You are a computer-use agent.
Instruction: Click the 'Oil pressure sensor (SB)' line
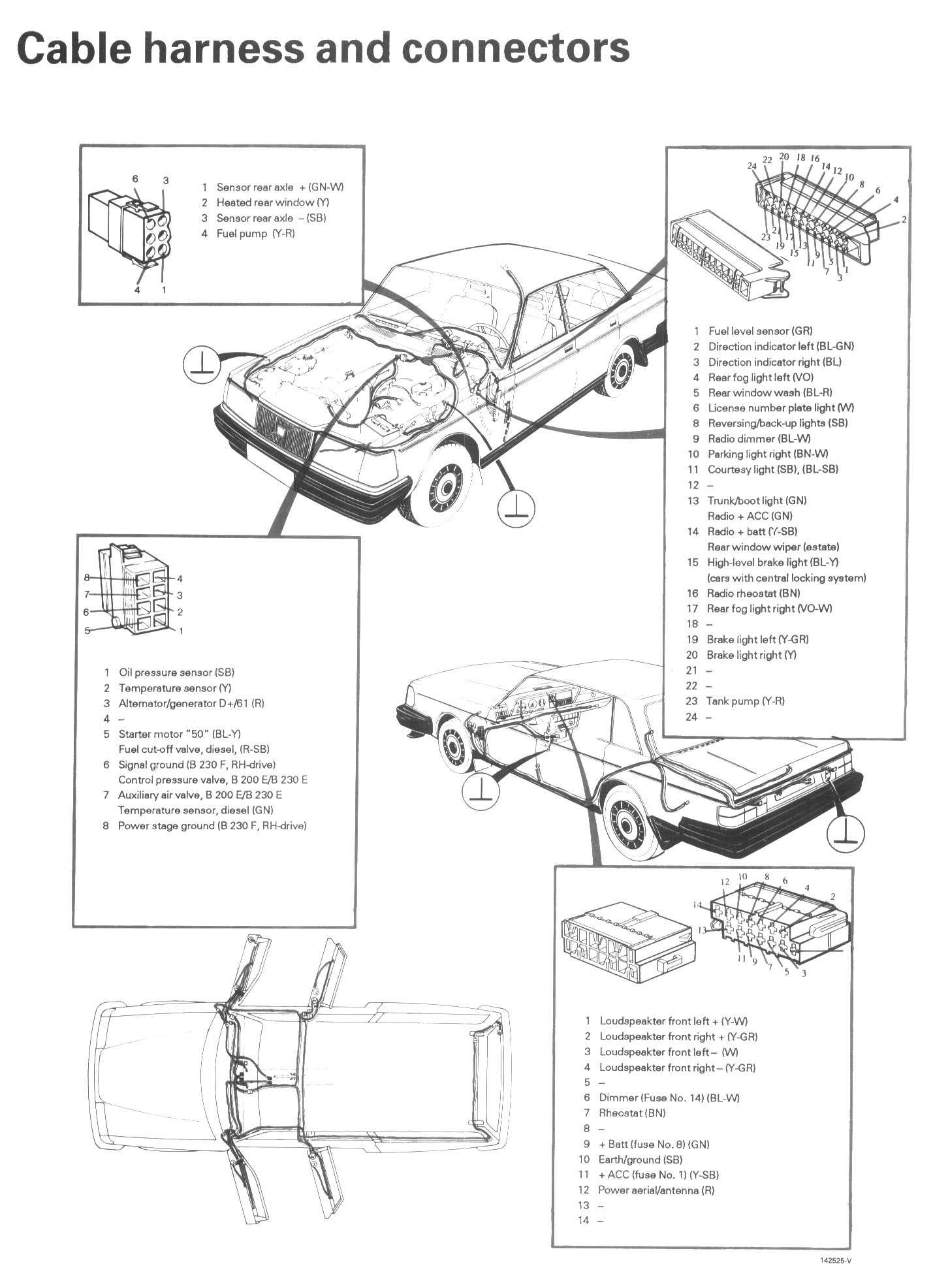(176, 673)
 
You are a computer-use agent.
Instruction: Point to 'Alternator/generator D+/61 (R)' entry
(191, 703)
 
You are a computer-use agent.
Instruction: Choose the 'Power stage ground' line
(212, 826)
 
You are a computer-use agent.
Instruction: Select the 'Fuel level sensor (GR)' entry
(759, 331)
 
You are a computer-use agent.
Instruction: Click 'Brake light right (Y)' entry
(751, 655)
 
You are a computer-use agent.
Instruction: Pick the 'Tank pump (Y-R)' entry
(744, 701)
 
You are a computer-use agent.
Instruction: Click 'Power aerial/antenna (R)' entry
(656, 1190)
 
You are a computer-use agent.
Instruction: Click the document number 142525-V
(836, 1261)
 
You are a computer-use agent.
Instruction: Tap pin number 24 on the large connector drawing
(751, 166)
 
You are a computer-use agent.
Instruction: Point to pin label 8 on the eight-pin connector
(86, 577)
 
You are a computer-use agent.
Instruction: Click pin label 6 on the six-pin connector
(135, 178)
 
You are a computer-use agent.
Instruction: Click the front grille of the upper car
(284, 432)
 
